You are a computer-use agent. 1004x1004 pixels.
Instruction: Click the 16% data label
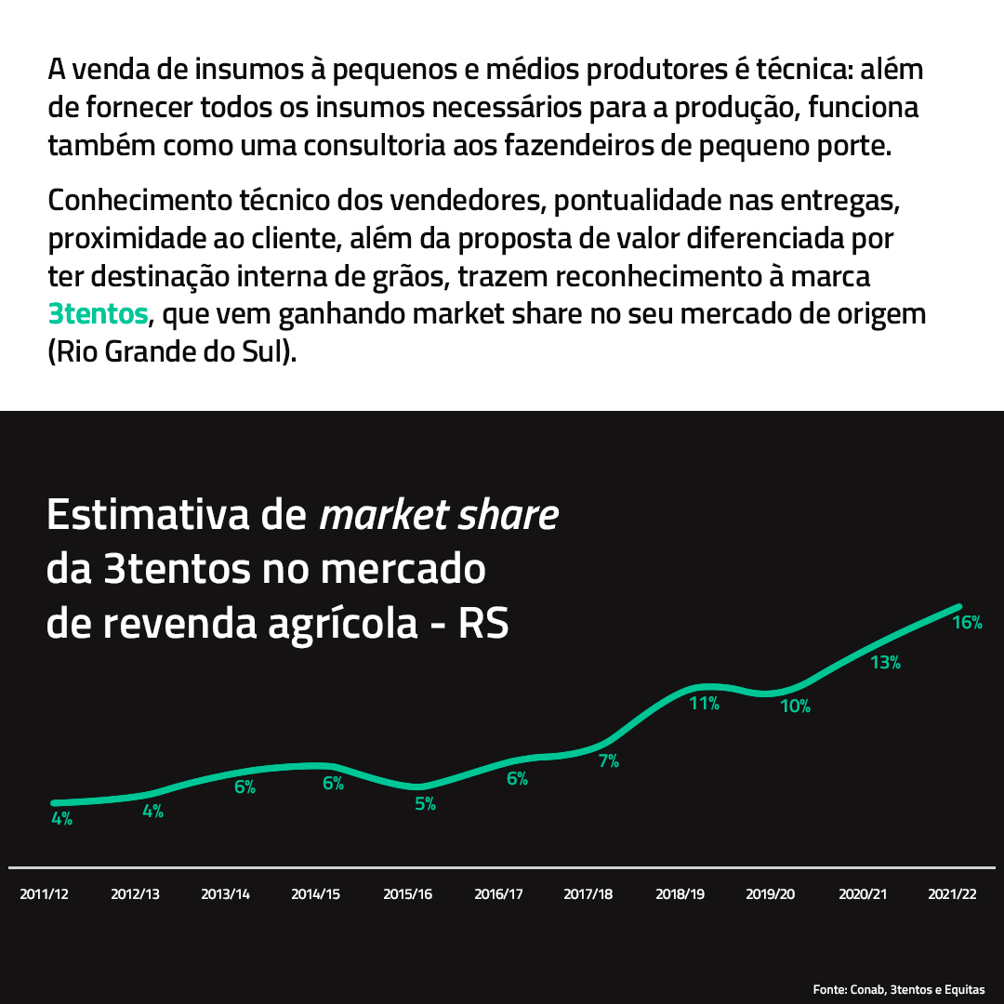click(x=967, y=623)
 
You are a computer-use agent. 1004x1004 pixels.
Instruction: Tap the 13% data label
click(x=885, y=663)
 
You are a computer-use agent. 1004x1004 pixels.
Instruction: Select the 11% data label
click(x=704, y=704)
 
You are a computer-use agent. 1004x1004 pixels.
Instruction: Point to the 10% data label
click(x=795, y=707)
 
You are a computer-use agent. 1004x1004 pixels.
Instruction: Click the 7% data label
click(x=608, y=761)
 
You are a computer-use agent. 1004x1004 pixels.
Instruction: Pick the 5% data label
click(x=425, y=804)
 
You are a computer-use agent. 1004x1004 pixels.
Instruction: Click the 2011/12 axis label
click(x=45, y=894)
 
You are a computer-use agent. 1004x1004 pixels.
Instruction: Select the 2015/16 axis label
click(x=408, y=894)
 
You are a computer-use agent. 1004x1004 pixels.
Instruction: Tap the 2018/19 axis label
click(x=680, y=894)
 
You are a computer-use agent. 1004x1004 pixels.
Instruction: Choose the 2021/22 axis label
click(x=953, y=894)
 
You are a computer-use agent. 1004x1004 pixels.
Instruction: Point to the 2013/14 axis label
click(x=226, y=894)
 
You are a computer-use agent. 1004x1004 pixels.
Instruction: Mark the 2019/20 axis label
click(x=771, y=894)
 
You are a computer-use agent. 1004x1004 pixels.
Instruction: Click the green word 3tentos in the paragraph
click(x=98, y=314)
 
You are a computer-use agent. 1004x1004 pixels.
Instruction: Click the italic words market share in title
click(x=439, y=515)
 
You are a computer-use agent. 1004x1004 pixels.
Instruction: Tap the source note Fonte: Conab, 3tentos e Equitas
click(x=898, y=989)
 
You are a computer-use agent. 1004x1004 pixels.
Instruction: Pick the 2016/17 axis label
click(x=498, y=894)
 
